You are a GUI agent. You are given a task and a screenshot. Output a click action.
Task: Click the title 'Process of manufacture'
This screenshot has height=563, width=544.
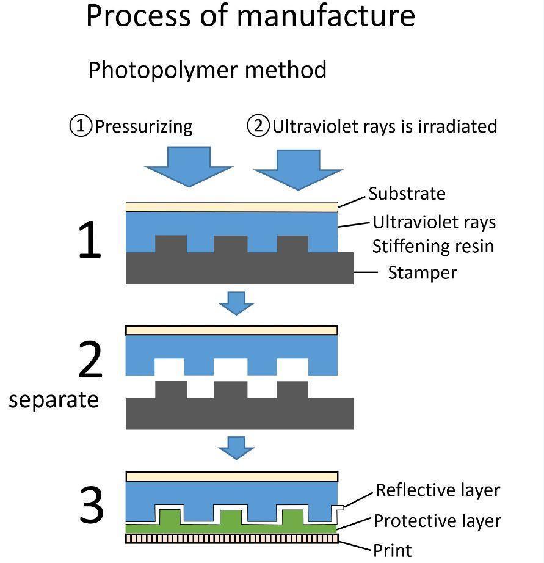pos(251,16)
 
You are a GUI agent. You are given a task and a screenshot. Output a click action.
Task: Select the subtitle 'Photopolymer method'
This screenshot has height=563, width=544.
pos(207,70)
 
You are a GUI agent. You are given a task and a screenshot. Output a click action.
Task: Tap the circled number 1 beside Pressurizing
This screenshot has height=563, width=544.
pos(81,126)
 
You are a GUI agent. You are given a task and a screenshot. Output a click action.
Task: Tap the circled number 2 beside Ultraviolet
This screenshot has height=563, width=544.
pos(258,126)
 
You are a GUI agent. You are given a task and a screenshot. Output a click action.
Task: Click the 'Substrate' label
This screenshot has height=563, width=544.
pos(407,194)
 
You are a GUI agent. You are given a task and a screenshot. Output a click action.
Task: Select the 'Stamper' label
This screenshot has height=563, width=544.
pos(423,272)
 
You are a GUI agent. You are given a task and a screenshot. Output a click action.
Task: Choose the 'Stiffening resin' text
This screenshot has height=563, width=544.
pos(433,246)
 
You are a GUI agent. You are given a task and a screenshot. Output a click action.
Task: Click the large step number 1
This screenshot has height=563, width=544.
pos(90,239)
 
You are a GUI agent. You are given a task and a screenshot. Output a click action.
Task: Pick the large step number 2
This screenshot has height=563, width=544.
pos(90,360)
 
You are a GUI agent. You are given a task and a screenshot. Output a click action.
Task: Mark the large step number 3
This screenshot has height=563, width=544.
pos(91,504)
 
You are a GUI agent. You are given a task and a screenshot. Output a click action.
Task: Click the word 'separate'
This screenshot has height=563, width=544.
pos(54,399)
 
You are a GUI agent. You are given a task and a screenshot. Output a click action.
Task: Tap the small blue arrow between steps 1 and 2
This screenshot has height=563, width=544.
pos(236,303)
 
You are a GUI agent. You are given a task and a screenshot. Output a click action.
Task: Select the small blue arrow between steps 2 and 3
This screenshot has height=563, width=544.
pos(236,448)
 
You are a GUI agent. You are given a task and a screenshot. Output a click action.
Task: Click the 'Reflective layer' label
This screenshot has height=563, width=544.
pos(438,490)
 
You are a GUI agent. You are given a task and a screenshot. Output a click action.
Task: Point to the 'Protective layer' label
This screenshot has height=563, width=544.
pos(437,521)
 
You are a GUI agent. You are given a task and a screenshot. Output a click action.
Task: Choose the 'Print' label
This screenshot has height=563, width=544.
pos(392,550)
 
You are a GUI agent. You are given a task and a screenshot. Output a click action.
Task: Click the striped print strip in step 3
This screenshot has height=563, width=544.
pos(232,539)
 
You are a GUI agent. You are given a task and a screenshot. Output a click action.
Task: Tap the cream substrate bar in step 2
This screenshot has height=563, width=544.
pos(231,330)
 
